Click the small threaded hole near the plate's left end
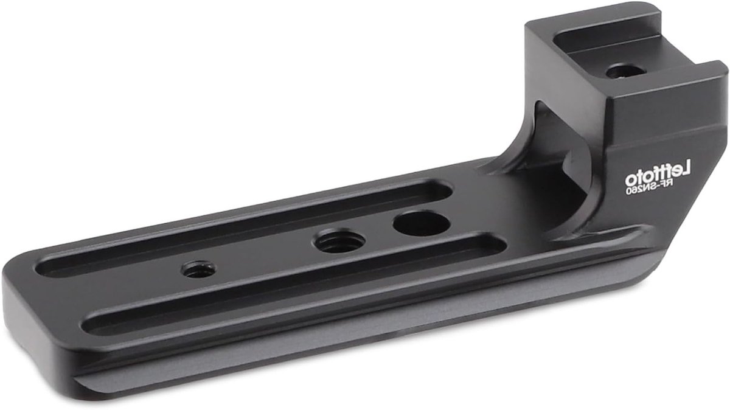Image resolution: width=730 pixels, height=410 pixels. [198, 269]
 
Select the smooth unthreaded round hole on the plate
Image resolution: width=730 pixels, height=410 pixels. [422, 223]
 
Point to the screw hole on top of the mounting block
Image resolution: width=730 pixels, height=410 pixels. [626, 71]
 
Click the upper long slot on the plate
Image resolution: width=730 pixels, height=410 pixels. [244, 228]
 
